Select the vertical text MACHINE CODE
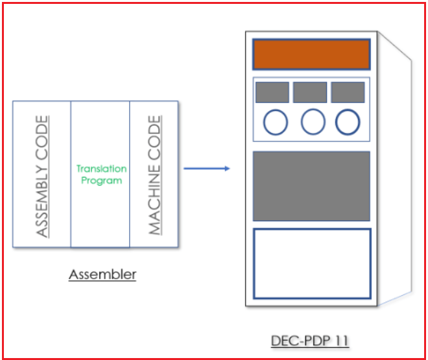154,175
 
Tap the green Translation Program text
101,174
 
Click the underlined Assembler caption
102,274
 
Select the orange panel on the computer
311,54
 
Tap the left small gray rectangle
272,92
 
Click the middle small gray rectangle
310,92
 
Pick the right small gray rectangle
348,92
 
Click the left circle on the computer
275,122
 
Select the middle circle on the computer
313,122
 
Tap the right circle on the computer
348,122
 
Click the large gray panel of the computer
311,186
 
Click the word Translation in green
101,169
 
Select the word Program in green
101,181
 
